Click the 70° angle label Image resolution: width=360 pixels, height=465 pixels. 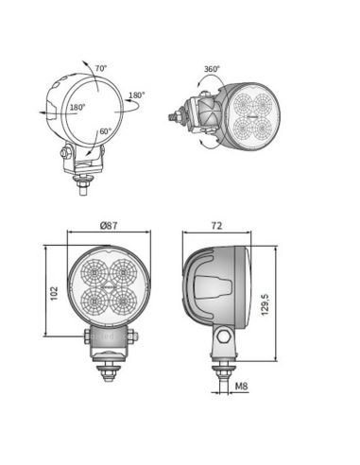click(x=101, y=69)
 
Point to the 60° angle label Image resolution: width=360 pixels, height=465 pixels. click(x=104, y=131)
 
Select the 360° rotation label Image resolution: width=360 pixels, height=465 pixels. click(x=213, y=69)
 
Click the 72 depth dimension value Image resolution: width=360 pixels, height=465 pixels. click(x=215, y=227)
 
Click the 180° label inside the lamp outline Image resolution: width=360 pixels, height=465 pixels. click(x=77, y=109)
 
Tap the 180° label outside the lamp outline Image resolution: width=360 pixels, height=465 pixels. click(x=137, y=95)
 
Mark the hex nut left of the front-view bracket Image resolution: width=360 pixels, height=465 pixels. click(x=87, y=336)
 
